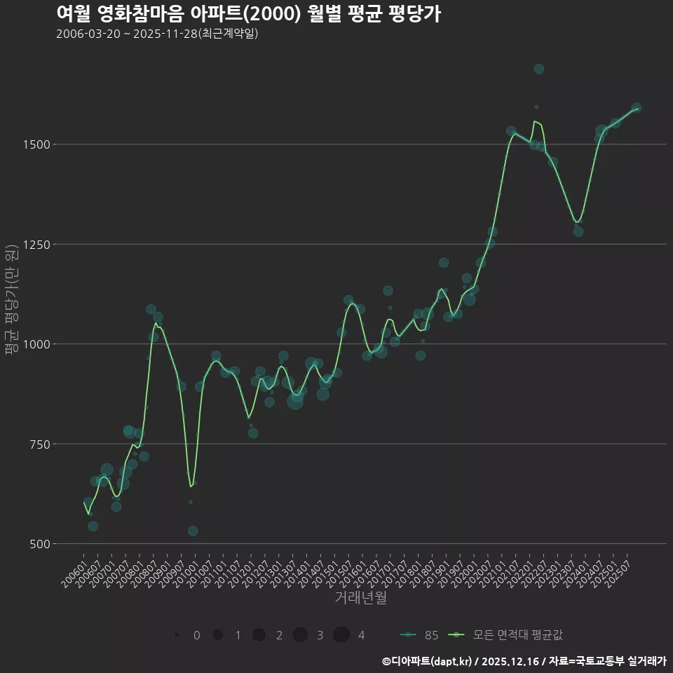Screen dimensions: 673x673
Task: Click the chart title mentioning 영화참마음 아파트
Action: point(248,13)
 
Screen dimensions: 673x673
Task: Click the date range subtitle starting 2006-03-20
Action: point(157,34)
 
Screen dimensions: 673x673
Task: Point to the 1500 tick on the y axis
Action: point(37,144)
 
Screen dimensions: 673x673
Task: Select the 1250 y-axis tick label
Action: point(37,245)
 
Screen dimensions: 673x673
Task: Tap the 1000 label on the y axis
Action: point(37,344)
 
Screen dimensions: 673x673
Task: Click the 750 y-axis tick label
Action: point(40,444)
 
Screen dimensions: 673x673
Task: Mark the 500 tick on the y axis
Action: point(40,544)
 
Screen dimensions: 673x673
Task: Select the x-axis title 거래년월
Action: point(360,598)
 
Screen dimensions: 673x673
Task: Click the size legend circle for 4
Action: point(341,635)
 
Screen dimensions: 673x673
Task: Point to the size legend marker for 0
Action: point(177,635)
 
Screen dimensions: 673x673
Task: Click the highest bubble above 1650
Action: point(538,69)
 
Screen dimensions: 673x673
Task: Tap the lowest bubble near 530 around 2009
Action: point(193,531)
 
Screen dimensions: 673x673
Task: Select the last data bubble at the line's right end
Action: point(636,108)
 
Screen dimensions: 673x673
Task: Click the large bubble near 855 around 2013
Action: point(295,401)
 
